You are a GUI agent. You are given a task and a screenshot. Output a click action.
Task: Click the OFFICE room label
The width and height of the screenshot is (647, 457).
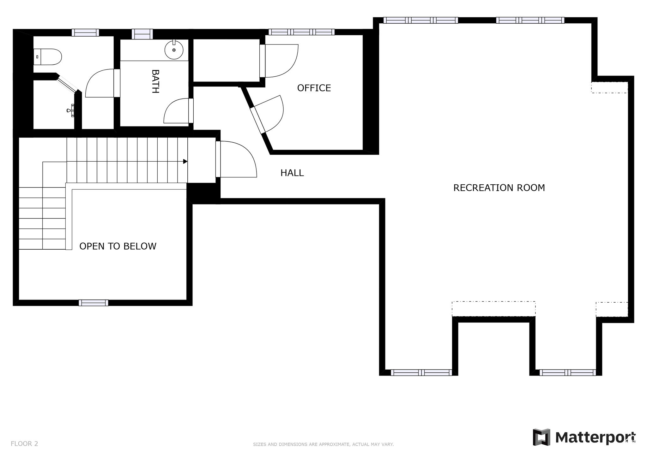click(314, 88)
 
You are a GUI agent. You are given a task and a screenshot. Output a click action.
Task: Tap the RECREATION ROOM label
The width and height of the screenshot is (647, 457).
click(499, 188)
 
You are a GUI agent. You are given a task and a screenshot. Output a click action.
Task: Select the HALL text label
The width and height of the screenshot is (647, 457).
click(292, 173)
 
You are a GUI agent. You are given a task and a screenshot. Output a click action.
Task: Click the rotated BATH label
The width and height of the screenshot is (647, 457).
click(155, 81)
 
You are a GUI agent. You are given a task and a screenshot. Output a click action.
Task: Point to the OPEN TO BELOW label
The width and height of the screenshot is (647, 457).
click(118, 246)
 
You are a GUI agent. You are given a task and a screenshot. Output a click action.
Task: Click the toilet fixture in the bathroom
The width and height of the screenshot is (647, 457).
click(48, 57)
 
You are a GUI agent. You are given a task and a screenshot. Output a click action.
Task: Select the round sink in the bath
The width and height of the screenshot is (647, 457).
click(174, 50)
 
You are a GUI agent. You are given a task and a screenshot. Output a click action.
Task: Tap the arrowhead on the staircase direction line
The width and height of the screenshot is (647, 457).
click(185, 161)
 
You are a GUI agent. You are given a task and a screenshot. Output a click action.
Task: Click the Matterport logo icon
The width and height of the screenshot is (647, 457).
click(541, 437)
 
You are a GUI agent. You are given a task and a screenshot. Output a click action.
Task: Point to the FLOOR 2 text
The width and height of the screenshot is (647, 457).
click(24, 444)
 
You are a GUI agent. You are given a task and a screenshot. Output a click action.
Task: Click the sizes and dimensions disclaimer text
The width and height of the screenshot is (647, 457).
click(323, 444)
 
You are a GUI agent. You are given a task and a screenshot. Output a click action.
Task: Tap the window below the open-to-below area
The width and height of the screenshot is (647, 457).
click(94, 303)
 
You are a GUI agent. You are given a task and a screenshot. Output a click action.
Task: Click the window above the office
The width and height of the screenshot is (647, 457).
click(301, 32)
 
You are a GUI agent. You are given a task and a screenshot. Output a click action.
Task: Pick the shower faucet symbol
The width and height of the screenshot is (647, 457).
click(71, 110)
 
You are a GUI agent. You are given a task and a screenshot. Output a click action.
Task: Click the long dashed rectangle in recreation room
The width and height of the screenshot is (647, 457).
click(493, 309)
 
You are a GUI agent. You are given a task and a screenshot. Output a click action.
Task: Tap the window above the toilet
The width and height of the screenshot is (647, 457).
click(85, 33)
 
